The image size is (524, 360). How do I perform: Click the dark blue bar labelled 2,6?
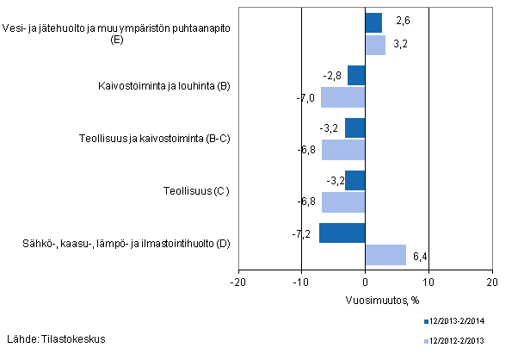[373, 23]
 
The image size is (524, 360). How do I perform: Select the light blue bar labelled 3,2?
[375, 45]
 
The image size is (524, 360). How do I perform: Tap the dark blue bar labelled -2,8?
[356, 76]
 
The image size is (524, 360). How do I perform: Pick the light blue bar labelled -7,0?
[343, 97]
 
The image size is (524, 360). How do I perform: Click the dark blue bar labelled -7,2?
[342, 233]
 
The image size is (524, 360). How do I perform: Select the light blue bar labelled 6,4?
[385, 255]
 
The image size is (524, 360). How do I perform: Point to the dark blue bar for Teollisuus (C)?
[355, 181]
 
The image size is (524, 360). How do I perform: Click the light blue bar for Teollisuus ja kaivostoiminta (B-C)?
[343, 150]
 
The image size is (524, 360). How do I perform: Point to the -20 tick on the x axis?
[238, 282]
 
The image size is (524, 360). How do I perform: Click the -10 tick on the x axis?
[301, 282]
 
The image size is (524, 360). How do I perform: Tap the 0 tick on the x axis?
[365, 282]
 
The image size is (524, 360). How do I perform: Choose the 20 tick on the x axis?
[490, 282]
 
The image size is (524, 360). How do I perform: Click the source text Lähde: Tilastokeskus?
[56, 338]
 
